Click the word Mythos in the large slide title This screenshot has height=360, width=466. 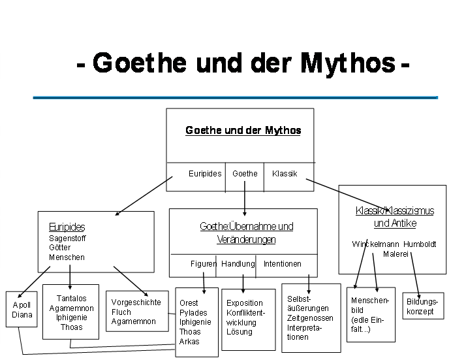coord(348,64)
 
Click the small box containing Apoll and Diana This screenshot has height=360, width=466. coord(22,309)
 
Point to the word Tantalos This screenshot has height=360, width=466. coord(71,299)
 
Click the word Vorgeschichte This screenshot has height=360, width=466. coord(136,303)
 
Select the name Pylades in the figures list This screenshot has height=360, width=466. coord(193,313)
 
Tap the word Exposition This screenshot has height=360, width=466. coord(244,303)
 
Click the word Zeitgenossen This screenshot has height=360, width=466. coord(310,318)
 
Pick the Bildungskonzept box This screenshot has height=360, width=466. coord(423,306)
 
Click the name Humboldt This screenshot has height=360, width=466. coord(420,244)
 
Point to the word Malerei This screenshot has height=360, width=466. coord(396,254)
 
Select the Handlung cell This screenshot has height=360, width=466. coord(238,264)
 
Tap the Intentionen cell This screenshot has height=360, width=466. coord(283,264)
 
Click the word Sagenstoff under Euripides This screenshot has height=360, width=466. coord(67,238)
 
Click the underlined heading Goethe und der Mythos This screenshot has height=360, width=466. coord(243,130)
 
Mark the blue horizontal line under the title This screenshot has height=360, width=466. coord(236,97)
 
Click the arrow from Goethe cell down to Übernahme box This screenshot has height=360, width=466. coord(245,198)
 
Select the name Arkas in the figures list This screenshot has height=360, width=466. coord(189,342)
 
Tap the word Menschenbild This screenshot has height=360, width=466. coord(369,305)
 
